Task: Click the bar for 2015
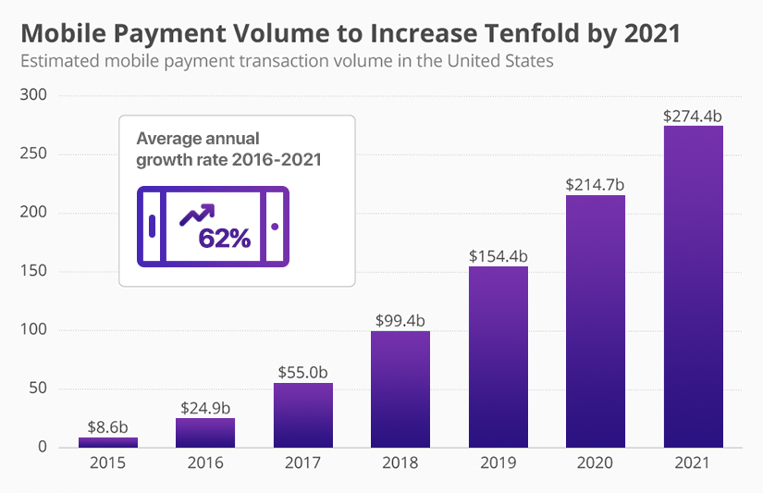(x=107, y=442)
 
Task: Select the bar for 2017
(x=302, y=415)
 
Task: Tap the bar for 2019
(x=498, y=357)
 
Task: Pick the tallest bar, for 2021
(x=693, y=287)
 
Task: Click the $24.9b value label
(x=204, y=408)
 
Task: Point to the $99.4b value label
(x=400, y=320)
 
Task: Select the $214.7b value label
(x=596, y=185)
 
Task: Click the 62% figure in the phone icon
(x=224, y=239)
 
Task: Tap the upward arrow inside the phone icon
(x=196, y=215)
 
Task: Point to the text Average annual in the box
(x=198, y=139)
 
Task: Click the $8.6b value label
(x=107, y=428)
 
